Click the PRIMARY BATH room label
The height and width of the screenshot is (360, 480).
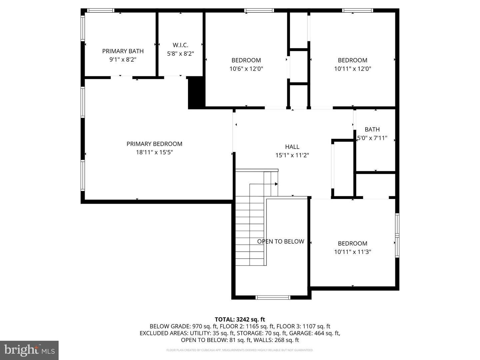pos(123,51)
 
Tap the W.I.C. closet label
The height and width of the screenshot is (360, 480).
pos(180,45)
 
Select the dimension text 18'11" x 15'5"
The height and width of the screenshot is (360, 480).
pos(154,152)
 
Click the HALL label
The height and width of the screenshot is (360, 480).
pos(292,147)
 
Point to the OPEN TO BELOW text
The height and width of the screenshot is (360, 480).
pos(281,241)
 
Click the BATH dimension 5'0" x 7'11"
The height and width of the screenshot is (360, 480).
pos(372,138)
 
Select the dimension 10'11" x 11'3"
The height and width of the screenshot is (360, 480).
pos(353,252)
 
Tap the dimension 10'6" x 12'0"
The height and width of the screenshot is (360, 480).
pos(246,69)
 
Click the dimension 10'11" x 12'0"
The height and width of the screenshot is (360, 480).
pos(353,69)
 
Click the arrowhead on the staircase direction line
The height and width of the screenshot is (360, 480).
pos(276,184)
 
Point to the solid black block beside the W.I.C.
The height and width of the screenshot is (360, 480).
pos(196,93)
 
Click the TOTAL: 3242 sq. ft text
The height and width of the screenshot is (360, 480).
pos(240,319)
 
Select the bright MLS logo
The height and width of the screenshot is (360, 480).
pos(29,350)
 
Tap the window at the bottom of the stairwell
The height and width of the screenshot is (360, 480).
pos(273,297)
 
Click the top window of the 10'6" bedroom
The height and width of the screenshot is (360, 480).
pos(259,11)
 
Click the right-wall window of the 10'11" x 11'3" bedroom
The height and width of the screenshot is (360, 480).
pos(397,235)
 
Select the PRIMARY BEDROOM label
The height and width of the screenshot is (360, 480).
pos(154,144)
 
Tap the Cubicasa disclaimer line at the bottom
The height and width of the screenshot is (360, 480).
pos(240,350)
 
